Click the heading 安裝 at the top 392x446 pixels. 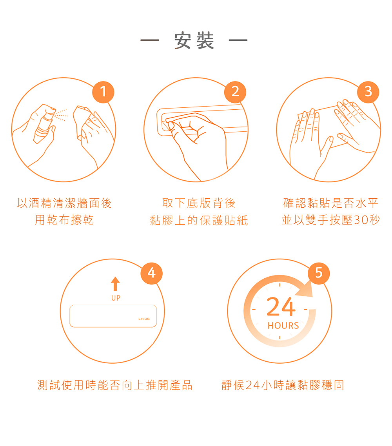coord(194,41)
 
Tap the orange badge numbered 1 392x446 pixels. coord(103,92)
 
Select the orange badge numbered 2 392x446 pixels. coord(235,92)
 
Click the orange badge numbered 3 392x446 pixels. coord(368,92)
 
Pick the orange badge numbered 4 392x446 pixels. coord(152,273)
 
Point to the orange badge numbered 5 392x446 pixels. coord(319,273)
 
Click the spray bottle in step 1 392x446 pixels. coord(43,127)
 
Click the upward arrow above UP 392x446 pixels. coord(115,284)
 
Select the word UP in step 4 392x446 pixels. coord(116,298)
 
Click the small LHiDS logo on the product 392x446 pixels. coord(144,319)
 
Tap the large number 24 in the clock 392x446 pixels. coord(281,307)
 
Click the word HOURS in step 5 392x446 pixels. coord(283,326)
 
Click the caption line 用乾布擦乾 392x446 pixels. coord(64,220)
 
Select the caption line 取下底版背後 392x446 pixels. coord(199,203)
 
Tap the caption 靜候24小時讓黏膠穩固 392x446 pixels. coord(283,385)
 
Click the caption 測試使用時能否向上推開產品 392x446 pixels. coord(115,385)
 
